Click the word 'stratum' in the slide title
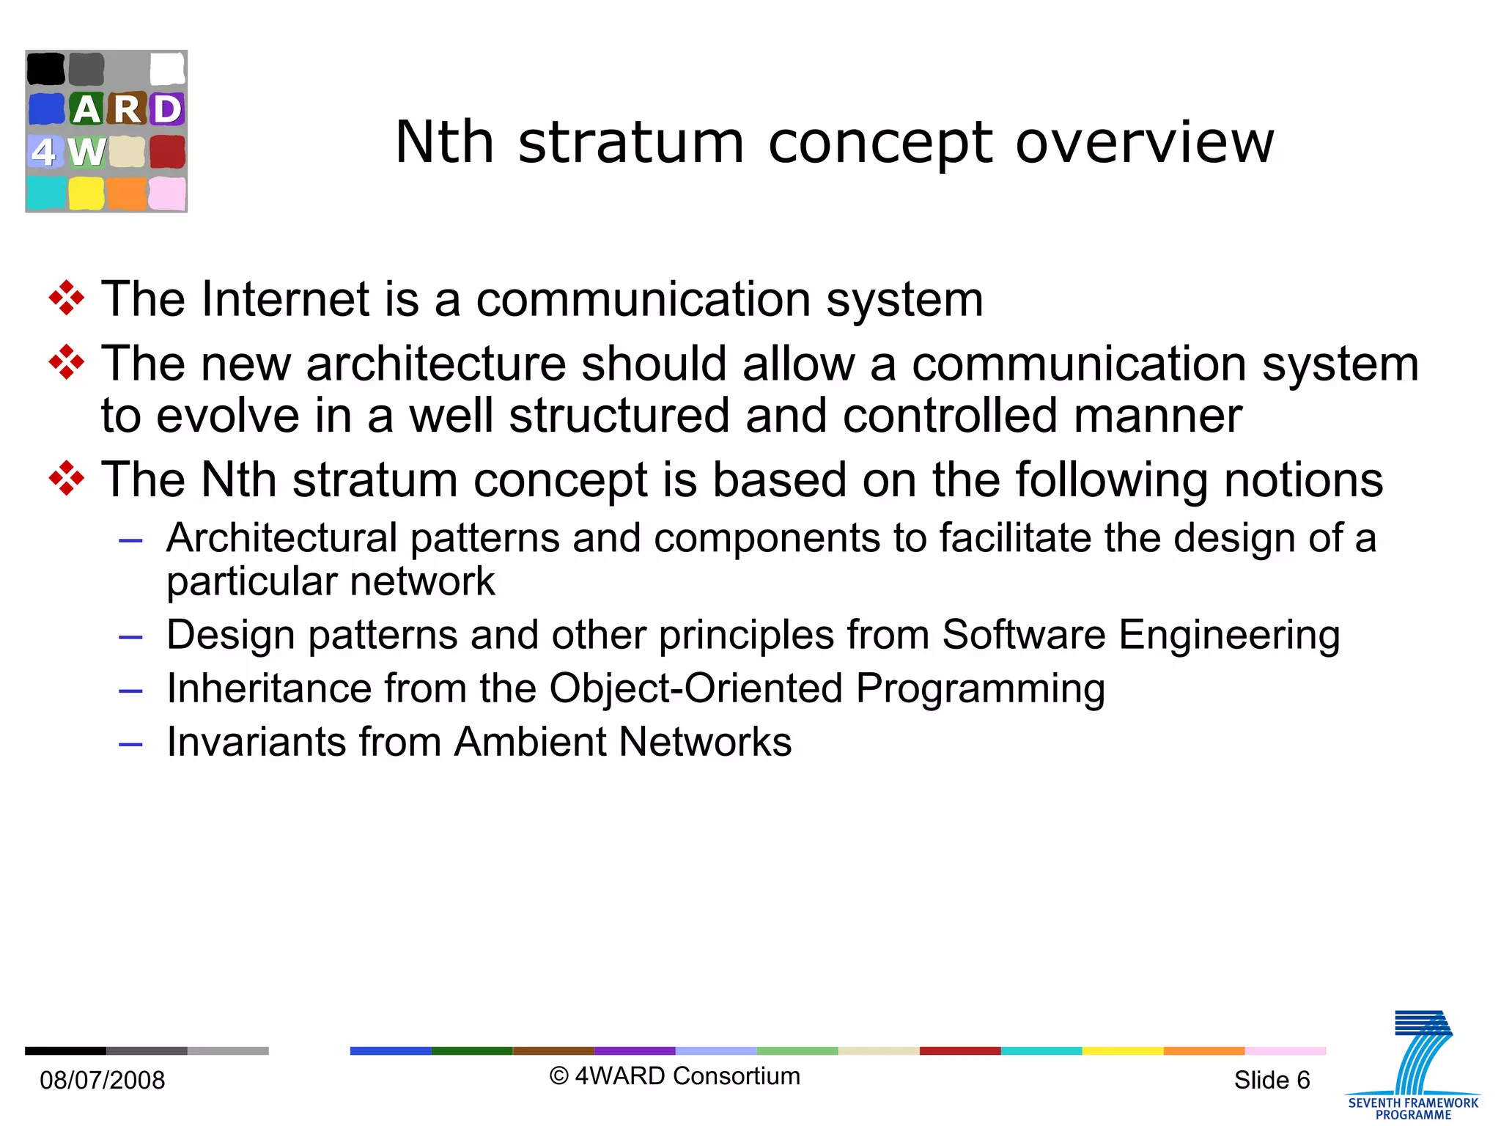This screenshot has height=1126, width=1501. tap(630, 142)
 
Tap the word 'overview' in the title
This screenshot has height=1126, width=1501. tap(1144, 142)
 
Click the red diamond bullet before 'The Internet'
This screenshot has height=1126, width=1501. tap(67, 298)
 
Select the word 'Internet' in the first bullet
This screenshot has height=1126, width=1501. tap(285, 299)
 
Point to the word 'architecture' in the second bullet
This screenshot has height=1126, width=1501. tap(436, 364)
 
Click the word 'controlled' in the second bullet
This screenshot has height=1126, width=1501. tap(951, 416)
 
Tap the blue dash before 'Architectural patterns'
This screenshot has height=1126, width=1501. tap(130, 541)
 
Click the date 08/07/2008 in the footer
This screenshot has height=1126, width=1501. tap(103, 1080)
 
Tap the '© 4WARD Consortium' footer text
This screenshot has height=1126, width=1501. tap(675, 1076)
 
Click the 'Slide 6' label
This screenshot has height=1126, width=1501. tap(1272, 1080)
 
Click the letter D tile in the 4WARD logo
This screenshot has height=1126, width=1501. tap(167, 109)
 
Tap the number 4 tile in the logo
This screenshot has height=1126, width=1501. tap(45, 152)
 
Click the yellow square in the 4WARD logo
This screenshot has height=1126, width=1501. tap(86, 194)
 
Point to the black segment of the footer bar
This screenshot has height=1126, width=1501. tap(65, 1050)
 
